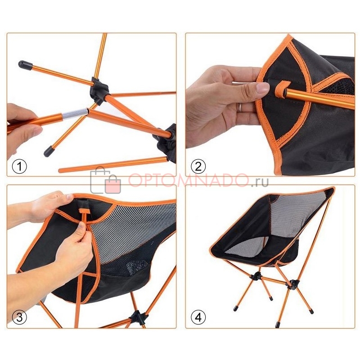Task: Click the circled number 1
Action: coord(19,166)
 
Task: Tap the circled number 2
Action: coord(198,166)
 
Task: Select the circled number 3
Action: coord(19,317)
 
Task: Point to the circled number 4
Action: coord(198,317)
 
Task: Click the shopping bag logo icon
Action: coord(106,180)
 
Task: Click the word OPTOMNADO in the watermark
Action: coord(188,180)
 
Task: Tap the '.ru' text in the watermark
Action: coord(260,182)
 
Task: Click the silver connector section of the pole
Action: coord(75,114)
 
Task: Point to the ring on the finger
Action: coord(239,107)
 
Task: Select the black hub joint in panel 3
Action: coord(139,318)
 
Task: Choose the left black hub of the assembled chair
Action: coord(256,276)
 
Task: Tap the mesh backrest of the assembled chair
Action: coord(296,213)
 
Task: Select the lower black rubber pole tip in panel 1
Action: coord(49,152)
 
